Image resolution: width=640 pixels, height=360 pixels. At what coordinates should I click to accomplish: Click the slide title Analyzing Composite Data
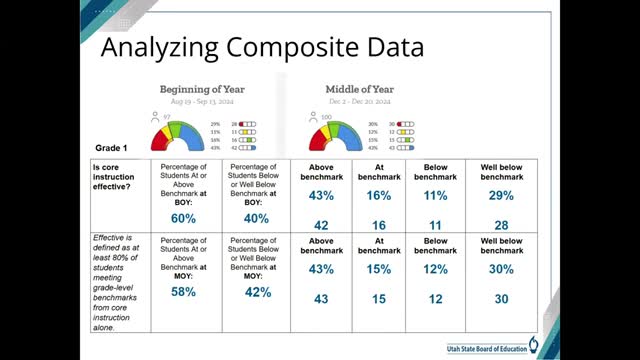(264, 47)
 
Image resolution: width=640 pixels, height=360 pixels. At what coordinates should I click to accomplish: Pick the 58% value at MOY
(183, 292)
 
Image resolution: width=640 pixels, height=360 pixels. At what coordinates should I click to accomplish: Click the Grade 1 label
(114, 147)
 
